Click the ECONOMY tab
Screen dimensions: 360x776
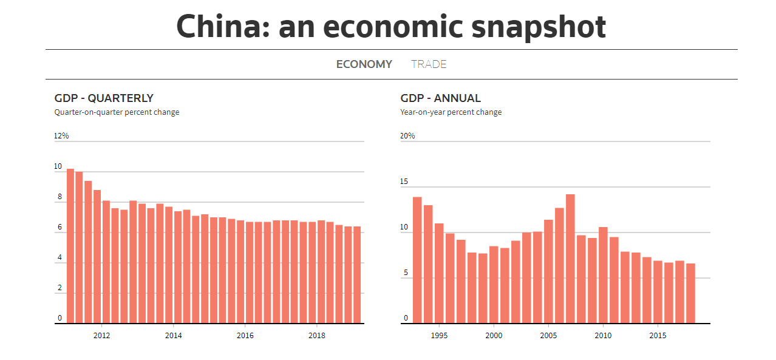[364, 64]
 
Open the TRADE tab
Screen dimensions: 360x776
[429, 64]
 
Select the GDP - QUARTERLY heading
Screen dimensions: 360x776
[104, 98]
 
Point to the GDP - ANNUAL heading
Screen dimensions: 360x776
[440, 98]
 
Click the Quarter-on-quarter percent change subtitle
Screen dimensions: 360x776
[117, 112]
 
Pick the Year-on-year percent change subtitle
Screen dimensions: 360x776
[451, 112]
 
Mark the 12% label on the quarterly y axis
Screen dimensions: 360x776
[61, 136]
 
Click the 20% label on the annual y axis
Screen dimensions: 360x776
[407, 136]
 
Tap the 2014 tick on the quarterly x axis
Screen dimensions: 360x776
[173, 335]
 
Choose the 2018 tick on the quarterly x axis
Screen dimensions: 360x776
[316, 335]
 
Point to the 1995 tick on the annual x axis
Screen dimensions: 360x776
[439, 335]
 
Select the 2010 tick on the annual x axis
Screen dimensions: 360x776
[603, 335]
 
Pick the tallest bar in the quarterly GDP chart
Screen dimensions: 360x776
[70, 246]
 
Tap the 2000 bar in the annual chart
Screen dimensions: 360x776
[494, 285]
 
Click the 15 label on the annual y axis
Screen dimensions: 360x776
[404, 182]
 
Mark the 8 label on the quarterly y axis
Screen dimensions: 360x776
[60, 197]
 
